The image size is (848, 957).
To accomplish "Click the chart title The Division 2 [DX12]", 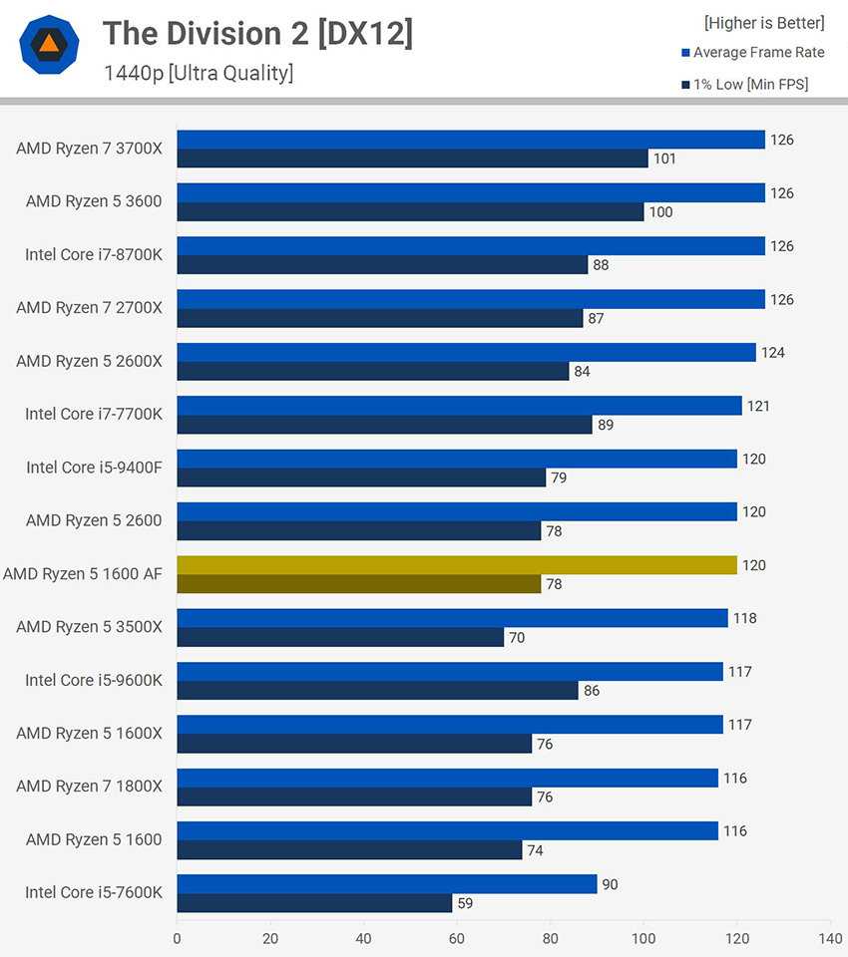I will (257, 34).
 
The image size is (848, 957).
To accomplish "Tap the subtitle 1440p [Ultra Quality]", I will (199, 73).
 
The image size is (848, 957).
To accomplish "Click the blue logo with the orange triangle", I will (49, 45).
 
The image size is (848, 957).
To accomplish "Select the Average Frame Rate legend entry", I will (758, 52).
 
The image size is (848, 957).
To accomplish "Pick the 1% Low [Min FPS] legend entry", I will (750, 85).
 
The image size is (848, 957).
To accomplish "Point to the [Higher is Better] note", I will (764, 22).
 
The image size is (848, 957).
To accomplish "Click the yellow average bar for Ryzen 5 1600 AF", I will (457, 565).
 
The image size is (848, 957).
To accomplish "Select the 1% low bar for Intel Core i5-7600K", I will (314, 903).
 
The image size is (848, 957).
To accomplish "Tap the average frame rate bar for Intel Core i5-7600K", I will (387, 884).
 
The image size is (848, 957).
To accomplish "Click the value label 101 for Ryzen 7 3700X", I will (665, 159).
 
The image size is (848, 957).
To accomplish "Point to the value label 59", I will (465, 903).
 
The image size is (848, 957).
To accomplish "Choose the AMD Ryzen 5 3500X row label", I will (89, 626).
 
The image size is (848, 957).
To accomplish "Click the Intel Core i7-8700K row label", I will (94, 254).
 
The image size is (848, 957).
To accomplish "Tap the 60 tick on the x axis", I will (457, 937).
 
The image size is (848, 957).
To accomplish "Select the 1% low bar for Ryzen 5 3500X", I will (340, 637).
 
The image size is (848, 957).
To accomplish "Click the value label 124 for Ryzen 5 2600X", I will (772, 353).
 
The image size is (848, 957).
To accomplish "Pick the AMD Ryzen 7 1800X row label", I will (89, 786).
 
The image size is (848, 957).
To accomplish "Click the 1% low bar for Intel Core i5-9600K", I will (377, 690).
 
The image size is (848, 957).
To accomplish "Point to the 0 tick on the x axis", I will (178, 937).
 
